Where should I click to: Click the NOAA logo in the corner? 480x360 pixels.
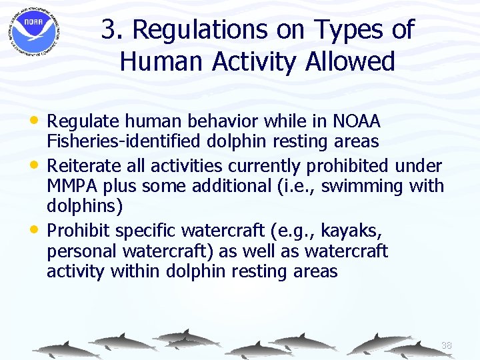[x=33, y=32]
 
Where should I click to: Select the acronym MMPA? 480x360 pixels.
[x=74, y=185]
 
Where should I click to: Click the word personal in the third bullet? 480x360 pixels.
[x=81, y=251]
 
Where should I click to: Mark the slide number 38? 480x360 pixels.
[x=446, y=345]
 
